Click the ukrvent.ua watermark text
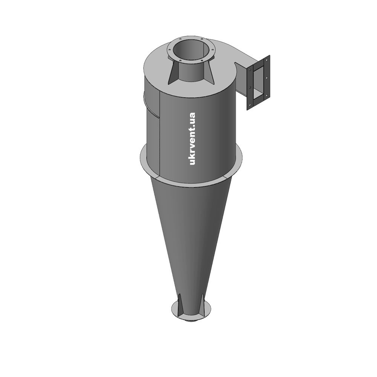click(192, 139)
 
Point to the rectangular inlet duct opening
click(258, 81)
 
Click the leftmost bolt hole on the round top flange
click(170, 50)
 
